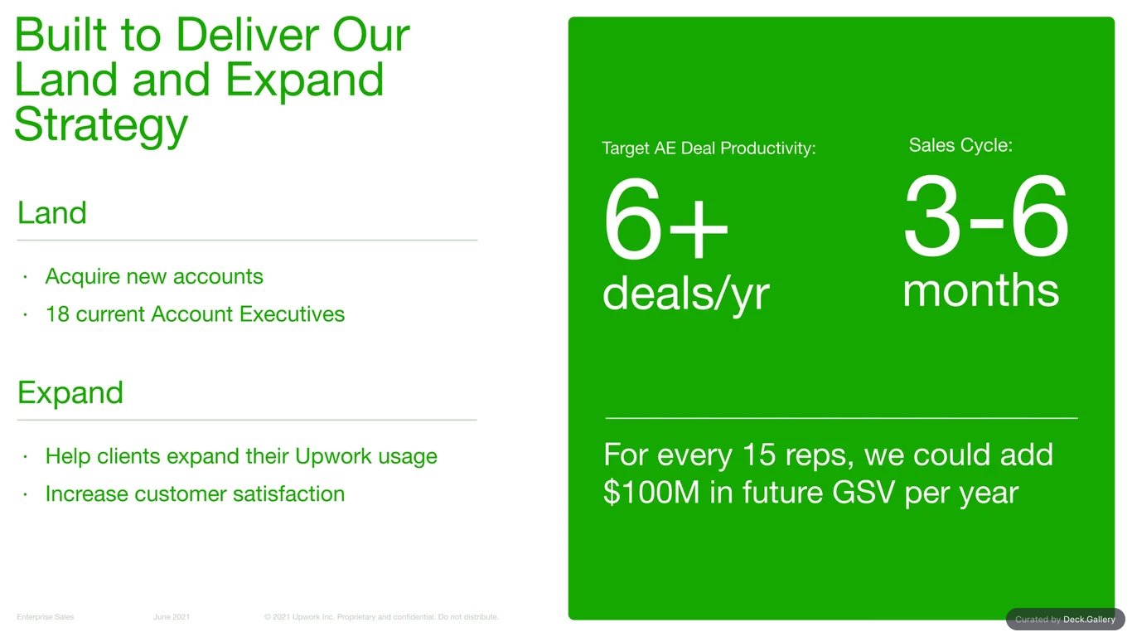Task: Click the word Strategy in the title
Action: pos(101,125)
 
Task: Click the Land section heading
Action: pos(52,212)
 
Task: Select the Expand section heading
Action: pos(70,394)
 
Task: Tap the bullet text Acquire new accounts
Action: pos(154,277)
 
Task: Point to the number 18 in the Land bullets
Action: pos(57,314)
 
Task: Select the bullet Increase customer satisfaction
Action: pos(195,494)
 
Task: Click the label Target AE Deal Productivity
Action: pos(709,148)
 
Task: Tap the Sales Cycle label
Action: pos(960,146)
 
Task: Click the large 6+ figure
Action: pos(665,219)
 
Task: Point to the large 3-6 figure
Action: pos(986,216)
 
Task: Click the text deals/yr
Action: pos(686,294)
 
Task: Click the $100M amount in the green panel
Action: pos(651,493)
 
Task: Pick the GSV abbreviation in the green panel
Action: pos(864,493)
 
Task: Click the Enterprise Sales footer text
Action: pos(45,617)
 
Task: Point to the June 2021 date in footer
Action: pos(172,617)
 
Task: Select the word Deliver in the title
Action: pos(247,36)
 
